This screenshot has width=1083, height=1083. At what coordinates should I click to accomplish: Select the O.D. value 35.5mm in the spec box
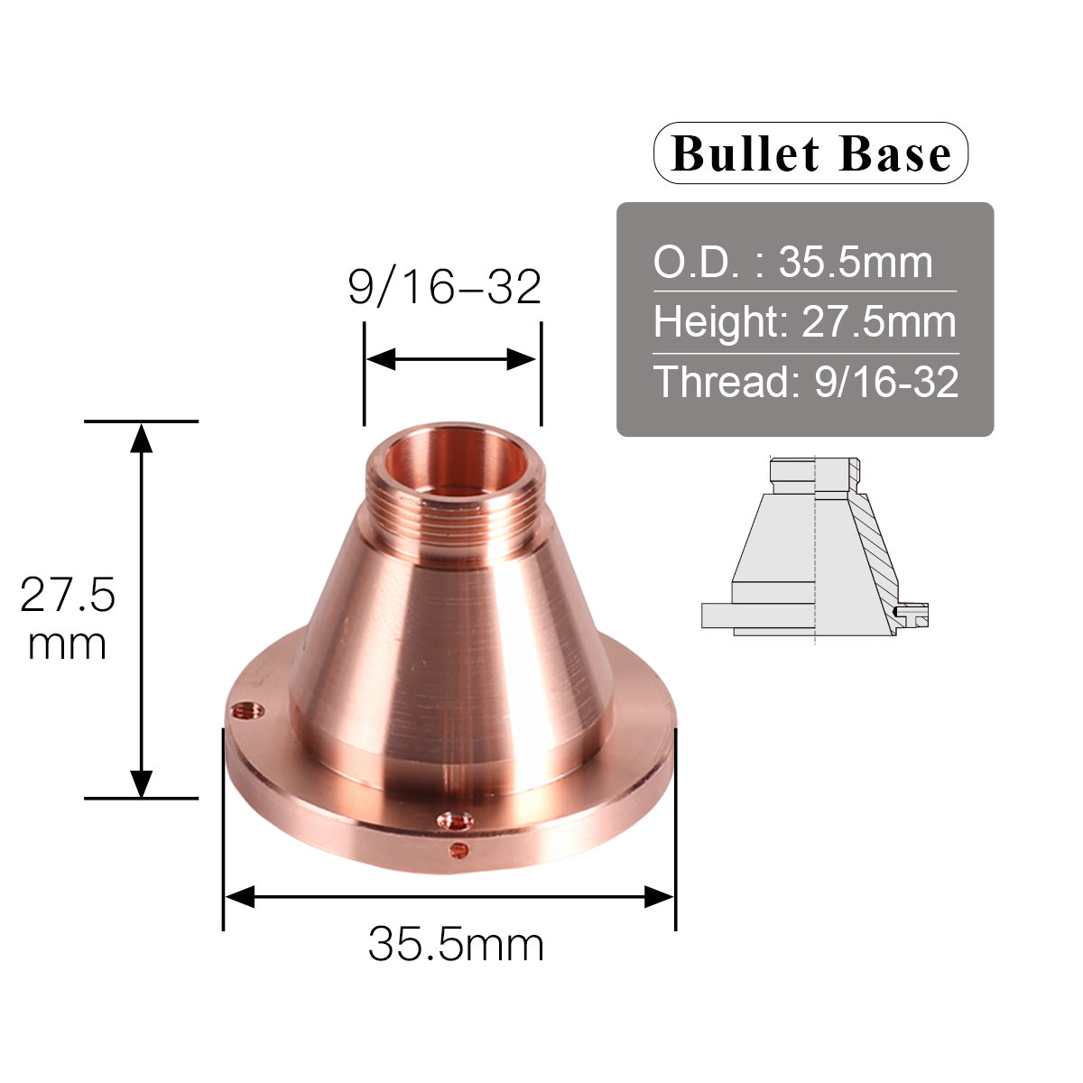pos(855,263)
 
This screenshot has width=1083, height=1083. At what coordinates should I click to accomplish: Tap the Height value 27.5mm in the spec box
pos(878,322)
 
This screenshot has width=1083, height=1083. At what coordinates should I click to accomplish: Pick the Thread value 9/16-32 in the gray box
pos(885,383)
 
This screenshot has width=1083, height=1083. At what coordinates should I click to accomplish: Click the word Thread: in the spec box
pos(727,383)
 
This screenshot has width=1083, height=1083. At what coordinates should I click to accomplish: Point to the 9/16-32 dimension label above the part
pos(444,287)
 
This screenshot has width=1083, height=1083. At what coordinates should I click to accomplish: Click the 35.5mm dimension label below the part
pos(456,945)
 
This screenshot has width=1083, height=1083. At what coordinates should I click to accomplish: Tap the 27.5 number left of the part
pos(68,596)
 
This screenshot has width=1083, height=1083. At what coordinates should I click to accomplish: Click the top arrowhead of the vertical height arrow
pos(141,437)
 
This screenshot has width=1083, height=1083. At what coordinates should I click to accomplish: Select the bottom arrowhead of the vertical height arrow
pos(141,782)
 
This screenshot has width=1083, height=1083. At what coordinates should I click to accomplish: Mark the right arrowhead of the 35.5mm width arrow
pos(659,896)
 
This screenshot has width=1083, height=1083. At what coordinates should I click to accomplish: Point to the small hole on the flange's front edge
pos(458,848)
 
